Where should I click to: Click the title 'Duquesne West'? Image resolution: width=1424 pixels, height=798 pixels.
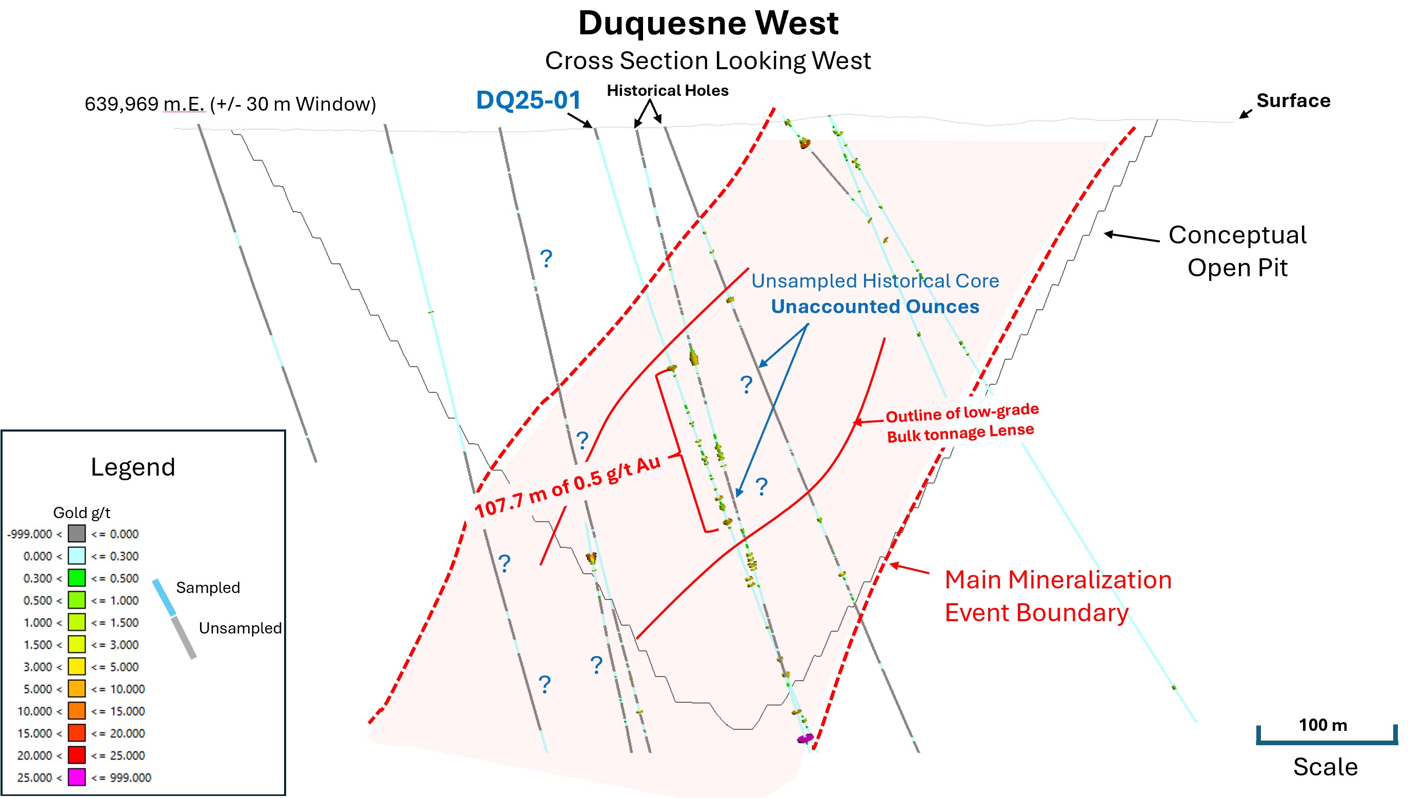[x=708, y=23]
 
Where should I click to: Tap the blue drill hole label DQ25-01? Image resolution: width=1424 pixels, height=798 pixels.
[x=528, y=100]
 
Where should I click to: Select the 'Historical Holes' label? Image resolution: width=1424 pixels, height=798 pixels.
[x=667, y=91]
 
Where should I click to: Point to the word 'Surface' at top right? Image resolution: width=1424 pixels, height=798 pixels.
[x=1293, y=100]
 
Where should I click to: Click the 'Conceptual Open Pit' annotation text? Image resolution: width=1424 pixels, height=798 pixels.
[x=1237, y=251]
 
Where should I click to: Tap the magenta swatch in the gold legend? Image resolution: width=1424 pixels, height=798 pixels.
[x=76, y=777]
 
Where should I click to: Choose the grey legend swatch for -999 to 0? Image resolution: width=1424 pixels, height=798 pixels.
[x=76, y=534]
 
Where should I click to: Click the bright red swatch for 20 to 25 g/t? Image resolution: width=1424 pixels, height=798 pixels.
[x=76, y=755]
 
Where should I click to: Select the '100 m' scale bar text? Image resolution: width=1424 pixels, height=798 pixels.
[x=1322, y=725]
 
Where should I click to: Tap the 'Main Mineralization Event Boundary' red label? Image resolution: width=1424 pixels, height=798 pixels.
[x=1057, y=596]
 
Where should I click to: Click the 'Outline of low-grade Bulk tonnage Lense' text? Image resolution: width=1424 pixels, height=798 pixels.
[x=961, y=423]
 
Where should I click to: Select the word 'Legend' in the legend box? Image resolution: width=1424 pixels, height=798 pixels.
[x=133, y=467]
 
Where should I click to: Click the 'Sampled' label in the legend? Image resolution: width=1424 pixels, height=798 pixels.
[x=208, y=587]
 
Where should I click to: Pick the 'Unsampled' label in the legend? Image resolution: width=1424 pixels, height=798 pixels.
[x=240, y=628]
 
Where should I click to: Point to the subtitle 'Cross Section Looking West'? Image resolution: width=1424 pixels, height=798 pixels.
[x=708, y=61]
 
